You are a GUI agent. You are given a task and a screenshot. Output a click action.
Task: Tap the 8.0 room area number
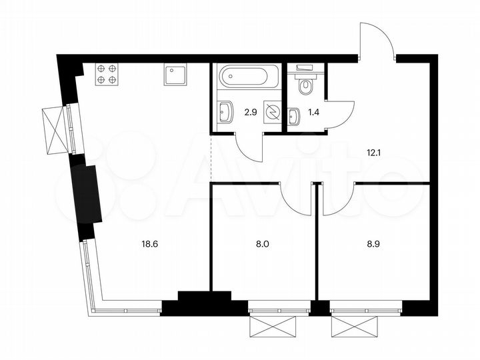[263, 245]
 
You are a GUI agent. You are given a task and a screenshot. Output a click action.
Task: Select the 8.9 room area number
[371, 245]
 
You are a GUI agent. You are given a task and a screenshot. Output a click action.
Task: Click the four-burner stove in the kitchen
[107, 73]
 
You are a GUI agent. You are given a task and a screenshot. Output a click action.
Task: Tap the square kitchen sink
[175, 74]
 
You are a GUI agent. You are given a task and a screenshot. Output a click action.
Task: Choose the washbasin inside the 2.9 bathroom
[226, 111]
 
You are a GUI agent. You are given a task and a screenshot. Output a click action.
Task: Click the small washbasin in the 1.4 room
[294, 117]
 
